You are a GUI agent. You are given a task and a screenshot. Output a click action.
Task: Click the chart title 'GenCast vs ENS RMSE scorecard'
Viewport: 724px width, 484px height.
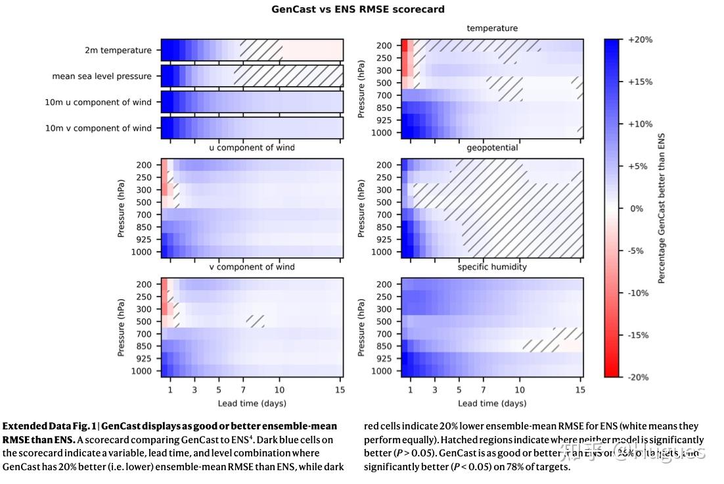pyautogui.click(x=358, y=9)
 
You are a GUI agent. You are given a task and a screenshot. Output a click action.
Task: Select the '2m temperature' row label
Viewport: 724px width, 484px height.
pyautogui.click(x=118, y=50)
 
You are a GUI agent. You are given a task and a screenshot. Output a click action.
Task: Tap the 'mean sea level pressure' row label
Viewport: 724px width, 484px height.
pyautogui.click(x=102, y=76)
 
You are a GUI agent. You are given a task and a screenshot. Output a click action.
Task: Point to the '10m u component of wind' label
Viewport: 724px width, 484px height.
pyautogui.click(x=98, y=102)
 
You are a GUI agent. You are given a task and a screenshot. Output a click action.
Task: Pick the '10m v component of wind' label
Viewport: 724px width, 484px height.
pyautogui.click(x=98, y=128)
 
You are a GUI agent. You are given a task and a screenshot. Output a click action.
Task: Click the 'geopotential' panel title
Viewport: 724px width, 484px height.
pyautogui.click(x=492, y=148)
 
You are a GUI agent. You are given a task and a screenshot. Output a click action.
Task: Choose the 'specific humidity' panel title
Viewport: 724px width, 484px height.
pyautogui.click(x=492, y=267)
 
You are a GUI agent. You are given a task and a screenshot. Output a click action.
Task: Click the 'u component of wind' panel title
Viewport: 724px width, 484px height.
pyautogui.click(x=252, y=148)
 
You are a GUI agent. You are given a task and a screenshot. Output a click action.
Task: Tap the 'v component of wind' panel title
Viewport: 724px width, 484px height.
pyautogui.click(x=252, y=267)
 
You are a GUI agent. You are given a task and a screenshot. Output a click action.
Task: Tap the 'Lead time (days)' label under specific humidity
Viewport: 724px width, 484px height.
pyautogui.click(x=492, y=403)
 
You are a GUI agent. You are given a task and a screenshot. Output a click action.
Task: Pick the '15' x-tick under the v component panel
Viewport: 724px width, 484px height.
pyautogui.click(x=340, y=389)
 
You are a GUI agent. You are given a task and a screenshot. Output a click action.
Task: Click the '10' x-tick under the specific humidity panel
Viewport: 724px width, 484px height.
pyautogui.click(x=520, y=389)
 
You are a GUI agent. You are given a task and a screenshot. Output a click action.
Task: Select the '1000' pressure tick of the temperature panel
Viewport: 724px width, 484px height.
pyautogui.click(x=382, y=133)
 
